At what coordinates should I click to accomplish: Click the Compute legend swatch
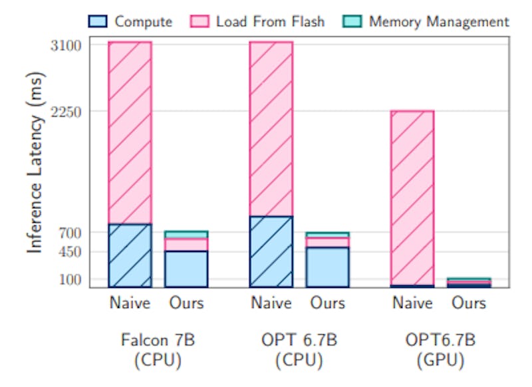click(98, 21)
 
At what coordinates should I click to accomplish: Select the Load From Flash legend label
click(270, 21)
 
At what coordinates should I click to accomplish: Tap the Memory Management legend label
click(439, 21)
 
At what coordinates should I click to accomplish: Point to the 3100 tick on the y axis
click(66, 46)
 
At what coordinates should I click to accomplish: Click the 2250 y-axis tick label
click(66, 111)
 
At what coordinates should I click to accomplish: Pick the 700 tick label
click(70, 233)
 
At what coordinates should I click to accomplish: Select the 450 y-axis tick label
click(70, 252)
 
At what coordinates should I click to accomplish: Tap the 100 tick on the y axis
click(70, 279)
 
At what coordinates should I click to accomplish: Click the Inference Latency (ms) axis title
click(37, 166)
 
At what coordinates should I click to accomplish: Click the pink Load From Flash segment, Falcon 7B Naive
click(130, 133)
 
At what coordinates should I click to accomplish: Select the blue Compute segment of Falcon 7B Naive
click(130, 256)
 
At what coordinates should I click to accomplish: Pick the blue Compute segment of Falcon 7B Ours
click(186, 269)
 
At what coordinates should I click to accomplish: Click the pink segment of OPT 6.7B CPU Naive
click(271, 129)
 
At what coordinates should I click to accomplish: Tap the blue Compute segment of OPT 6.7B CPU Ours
click(327, 267)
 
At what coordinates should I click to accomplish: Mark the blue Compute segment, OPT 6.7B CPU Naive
click(271, 252)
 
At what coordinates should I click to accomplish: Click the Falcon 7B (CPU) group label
click(158, 350)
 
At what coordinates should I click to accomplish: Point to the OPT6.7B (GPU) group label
click(440, 350)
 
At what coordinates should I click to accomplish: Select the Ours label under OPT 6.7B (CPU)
click(327, 303)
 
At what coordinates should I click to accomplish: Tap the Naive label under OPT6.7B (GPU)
click(412, 303)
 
